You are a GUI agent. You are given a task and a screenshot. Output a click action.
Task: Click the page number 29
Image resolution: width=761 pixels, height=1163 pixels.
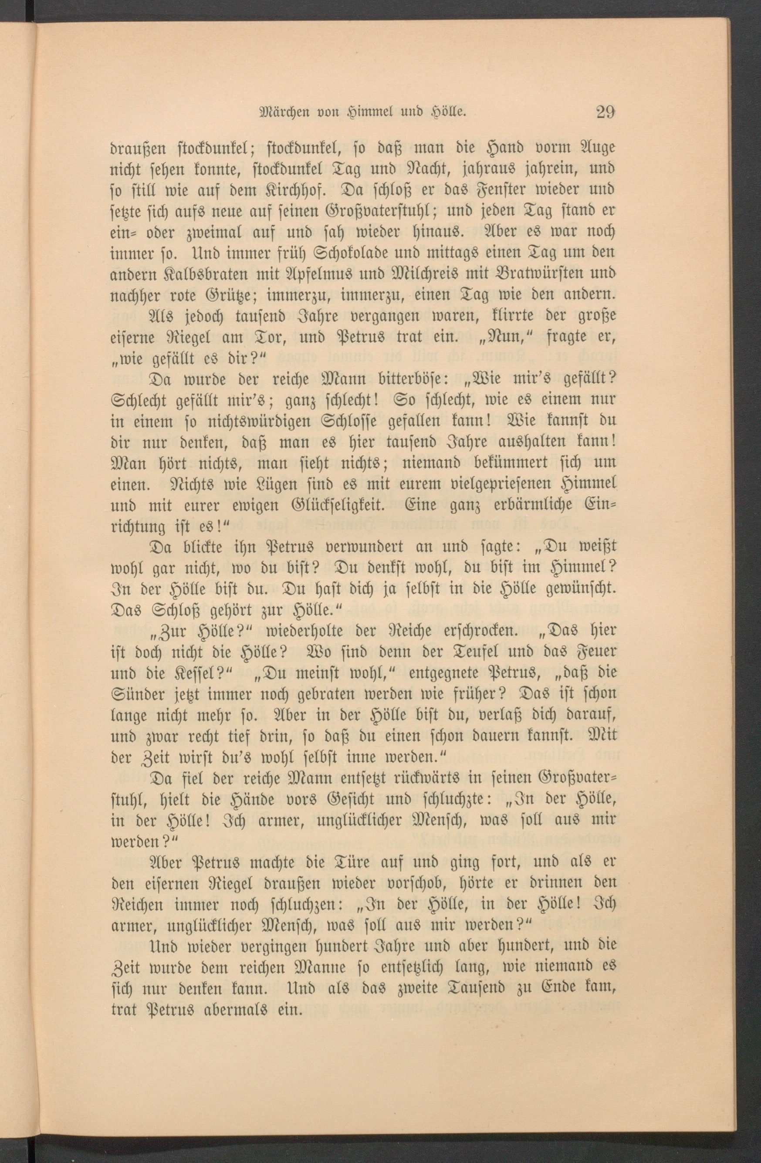tap(605, 112)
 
